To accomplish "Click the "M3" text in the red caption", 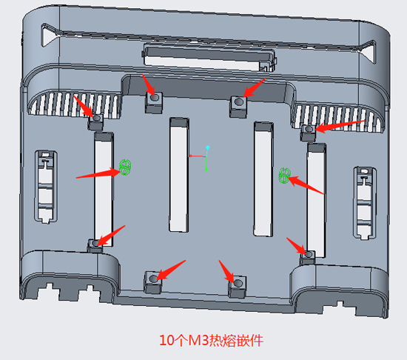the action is pyautogui.click(x=198, y=340).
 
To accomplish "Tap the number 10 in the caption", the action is pyautogui.click(x=166, y=340).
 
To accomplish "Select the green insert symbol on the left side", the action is pyautogui.click(x=125, y=167).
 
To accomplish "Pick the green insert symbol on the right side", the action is pyautogui.click(x=284, y=176).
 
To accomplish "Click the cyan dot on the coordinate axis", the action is pyautogui.click(x=208, y=147).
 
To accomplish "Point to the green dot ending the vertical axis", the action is pyautogui.click(x=206, y=170).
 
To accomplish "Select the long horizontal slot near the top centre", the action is pyautogui.click(x=209, y=58).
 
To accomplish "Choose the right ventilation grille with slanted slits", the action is pyautogui.click(x=337, y=117).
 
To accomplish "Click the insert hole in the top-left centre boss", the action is pyautogui.click(x=155, y=98).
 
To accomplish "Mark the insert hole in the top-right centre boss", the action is pyautogui.click(x=238, y=101).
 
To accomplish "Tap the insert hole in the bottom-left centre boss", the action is pyautogui.click(x=154, y=279).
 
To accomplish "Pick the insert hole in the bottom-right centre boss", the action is pyautogui.click(x=238, y=283).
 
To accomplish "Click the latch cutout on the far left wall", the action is pyautogui.click(x=46, y=187).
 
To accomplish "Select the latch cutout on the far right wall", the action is pyautogui.click(x=364, y=203).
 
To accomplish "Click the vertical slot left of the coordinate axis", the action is pyautogui.click(x=179, y=175).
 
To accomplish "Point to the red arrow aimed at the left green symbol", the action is pyautogui.click(x=98, y=173).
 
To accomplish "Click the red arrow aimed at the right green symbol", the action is pyautogui.click(x=306, y=185).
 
